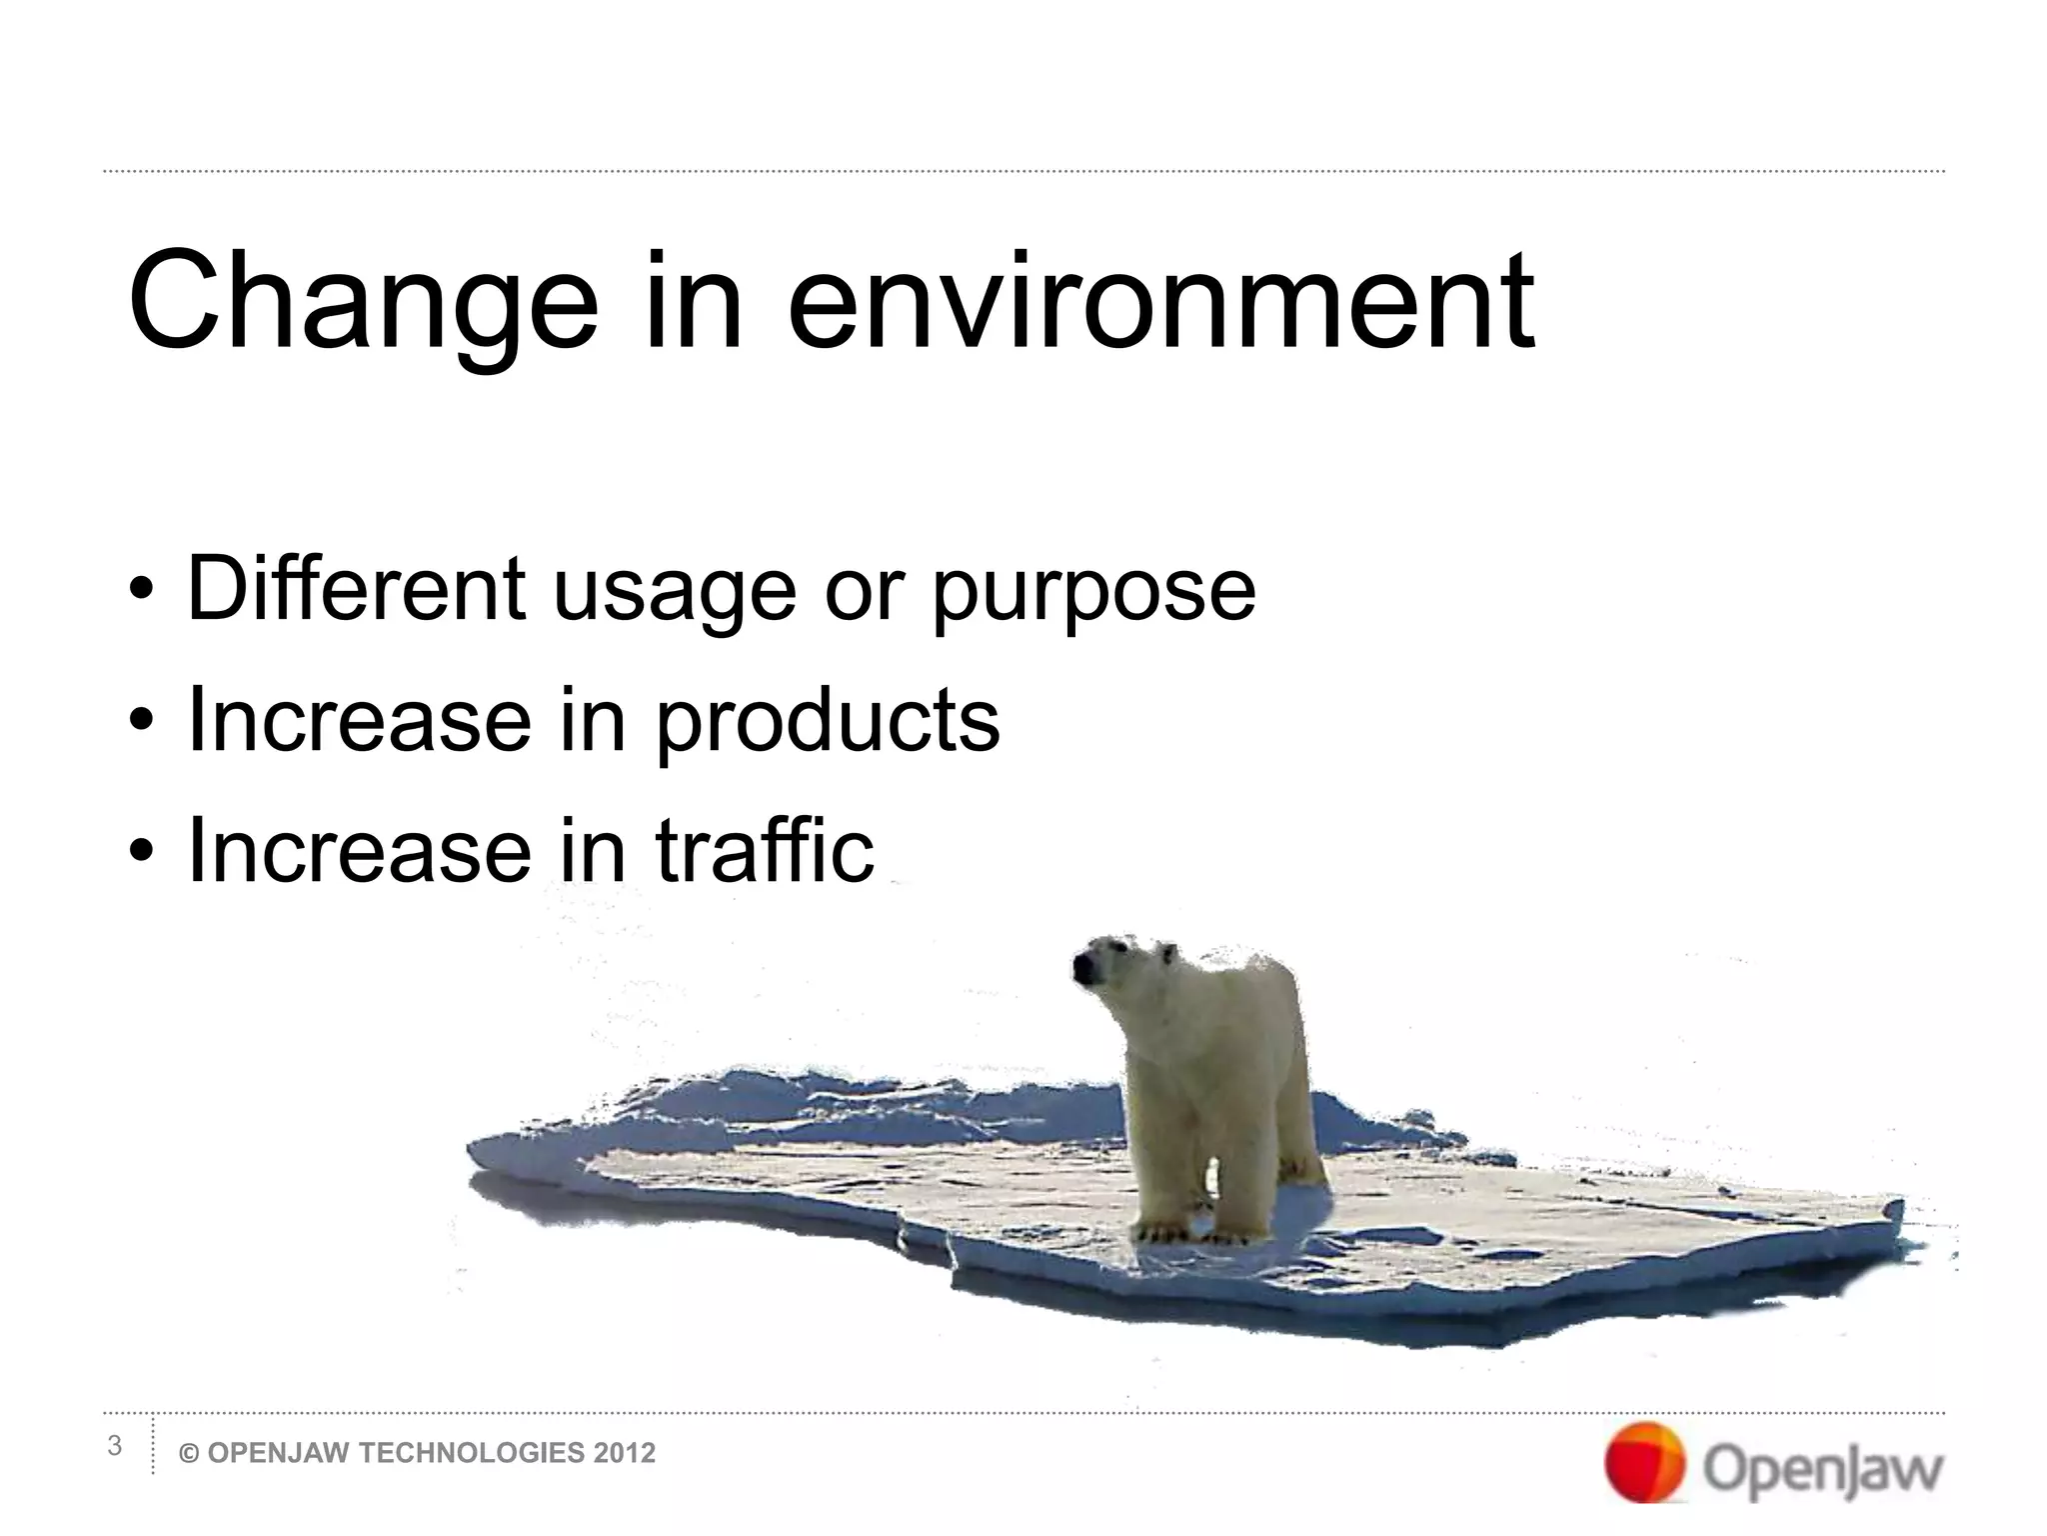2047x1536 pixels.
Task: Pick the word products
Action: click(827, 720)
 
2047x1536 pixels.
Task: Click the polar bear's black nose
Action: click(1083, 967)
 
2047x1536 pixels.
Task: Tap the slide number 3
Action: click(115, 1446)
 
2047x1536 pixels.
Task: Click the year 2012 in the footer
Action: click(625, 1453)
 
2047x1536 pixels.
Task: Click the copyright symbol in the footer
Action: click(189, 1453)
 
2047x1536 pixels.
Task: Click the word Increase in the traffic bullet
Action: click(358, 850)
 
